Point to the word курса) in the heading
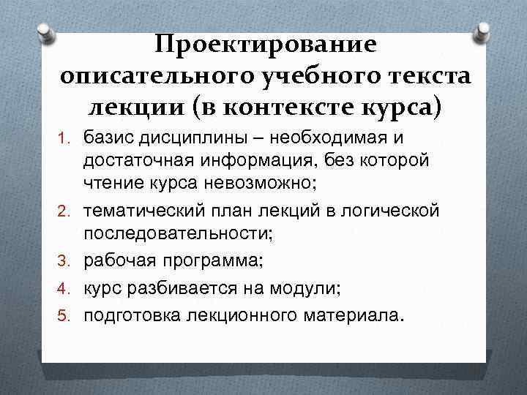tap(396, 107)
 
